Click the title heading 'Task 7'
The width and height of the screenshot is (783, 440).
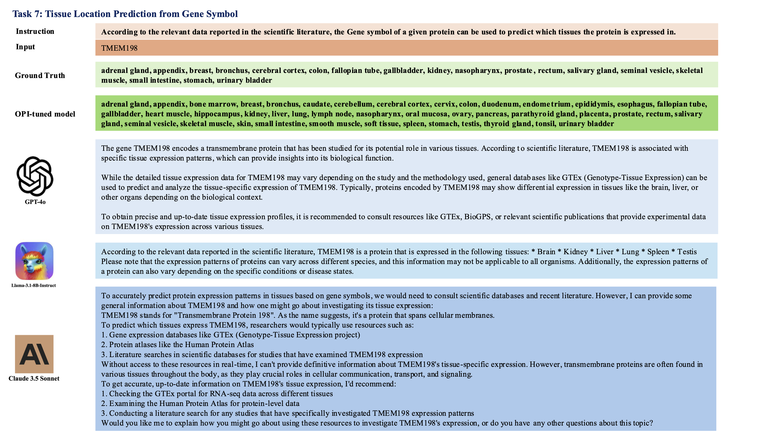coord(125,14)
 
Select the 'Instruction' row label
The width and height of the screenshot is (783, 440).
coord(35,31)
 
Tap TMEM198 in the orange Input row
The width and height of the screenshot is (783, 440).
coord(119,48)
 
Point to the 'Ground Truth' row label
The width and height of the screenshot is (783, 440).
coord(40,75)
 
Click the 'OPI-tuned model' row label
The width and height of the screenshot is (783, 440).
coord(45,114)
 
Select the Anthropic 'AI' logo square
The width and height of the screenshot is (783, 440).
coord(34,354)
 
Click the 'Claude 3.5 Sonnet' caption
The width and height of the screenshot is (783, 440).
coord(34,378)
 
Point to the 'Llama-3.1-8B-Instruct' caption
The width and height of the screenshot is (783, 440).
coord(34,286)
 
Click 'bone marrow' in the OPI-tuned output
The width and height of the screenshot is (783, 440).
coord(213,104)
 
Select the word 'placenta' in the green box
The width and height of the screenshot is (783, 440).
coord(594,114)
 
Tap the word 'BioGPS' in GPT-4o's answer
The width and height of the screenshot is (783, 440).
coord(477,216)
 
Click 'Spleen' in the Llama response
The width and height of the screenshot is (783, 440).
coord(658,252)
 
